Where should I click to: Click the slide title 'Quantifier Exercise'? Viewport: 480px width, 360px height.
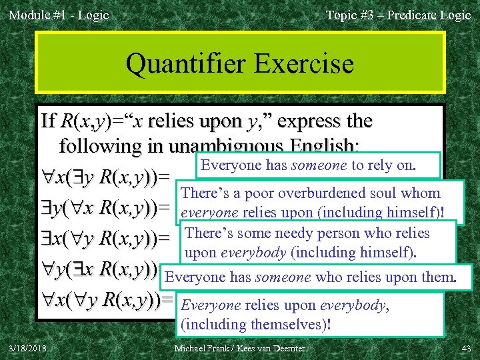click(x=239, y=64)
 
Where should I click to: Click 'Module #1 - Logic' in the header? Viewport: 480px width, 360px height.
click(x=59, y=15)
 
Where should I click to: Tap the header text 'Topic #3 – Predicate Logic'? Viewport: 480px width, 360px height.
click(x=398, y=15)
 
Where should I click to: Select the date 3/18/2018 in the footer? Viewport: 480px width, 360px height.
click(x=27, y=349)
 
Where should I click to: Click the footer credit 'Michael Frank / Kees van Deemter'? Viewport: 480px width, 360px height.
click(x=239, y=349)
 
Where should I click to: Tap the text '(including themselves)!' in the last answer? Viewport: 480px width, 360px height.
click(x=256, y=325)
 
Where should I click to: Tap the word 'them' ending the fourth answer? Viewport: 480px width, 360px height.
click(x=437, y=277)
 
